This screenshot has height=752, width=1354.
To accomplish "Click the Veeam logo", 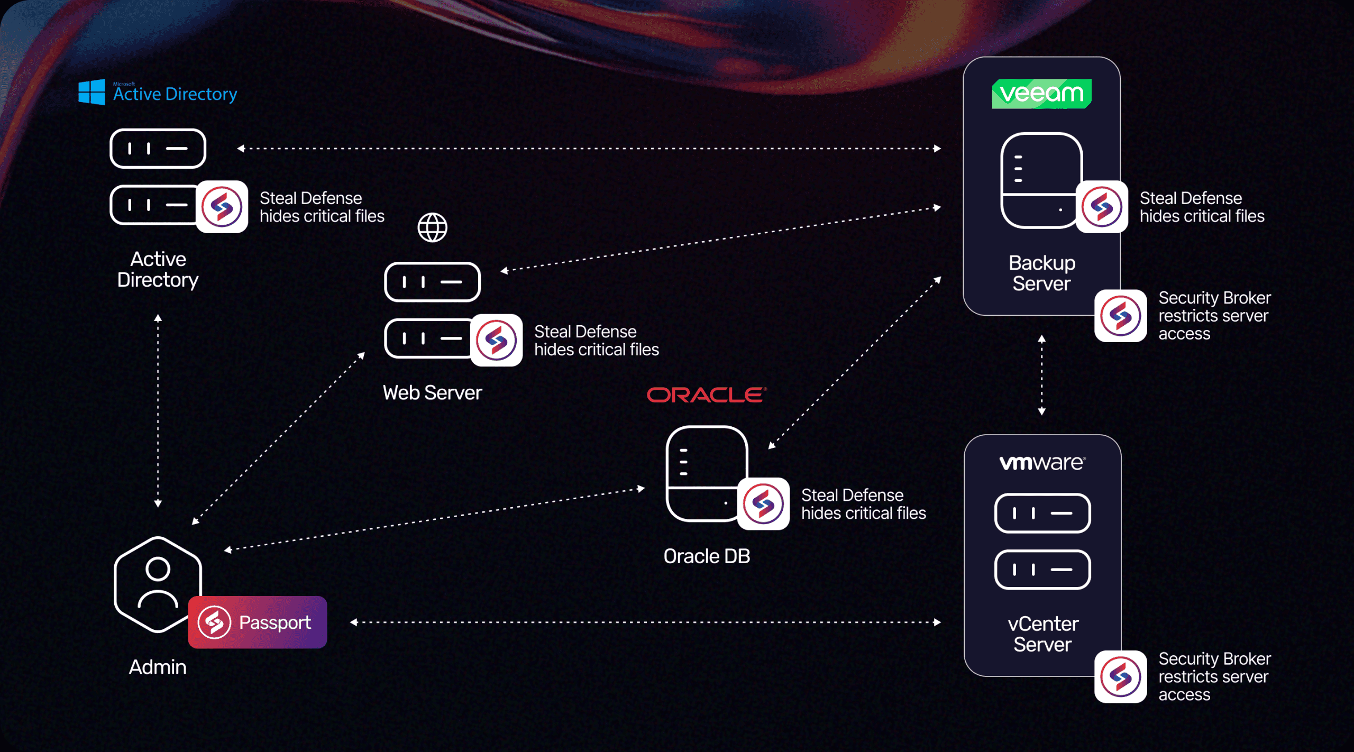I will [x=1041, y=94].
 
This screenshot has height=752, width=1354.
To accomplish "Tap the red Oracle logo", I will [x=707, y=395].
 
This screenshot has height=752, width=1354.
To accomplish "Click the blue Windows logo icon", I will [x=92, y=93].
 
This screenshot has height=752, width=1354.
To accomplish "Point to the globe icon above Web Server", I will [x=432, y=228].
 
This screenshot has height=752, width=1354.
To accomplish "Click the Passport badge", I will [x=258, y=622].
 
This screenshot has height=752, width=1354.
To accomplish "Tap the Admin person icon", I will [x=158, y=584].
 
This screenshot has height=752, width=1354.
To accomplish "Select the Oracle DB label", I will [x=707, y=556].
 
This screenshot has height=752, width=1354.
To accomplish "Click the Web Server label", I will [x=432, y=393].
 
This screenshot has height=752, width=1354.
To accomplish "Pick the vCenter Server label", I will [x=1042, y=634].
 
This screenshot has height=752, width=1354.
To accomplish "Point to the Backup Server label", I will [x=1041, y=273].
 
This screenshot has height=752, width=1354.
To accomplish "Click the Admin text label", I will [x=158, y=667].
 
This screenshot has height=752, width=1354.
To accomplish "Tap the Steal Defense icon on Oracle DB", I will [x=763, y=503].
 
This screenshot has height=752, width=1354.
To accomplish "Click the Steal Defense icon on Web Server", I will [x=496, y=340].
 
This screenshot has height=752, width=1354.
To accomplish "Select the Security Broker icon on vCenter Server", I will [x=1120, y=676].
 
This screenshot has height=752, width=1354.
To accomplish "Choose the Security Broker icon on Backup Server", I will [x=1120, y=316].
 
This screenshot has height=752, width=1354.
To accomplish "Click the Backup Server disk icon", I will [x=1041, y=180].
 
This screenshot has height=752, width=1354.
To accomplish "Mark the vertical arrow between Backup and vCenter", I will [x=1041, y=375].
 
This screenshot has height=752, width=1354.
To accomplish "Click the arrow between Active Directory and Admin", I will [x=158, y=410].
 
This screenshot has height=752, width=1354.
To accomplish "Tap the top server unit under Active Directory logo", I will [x=158, y=149].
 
